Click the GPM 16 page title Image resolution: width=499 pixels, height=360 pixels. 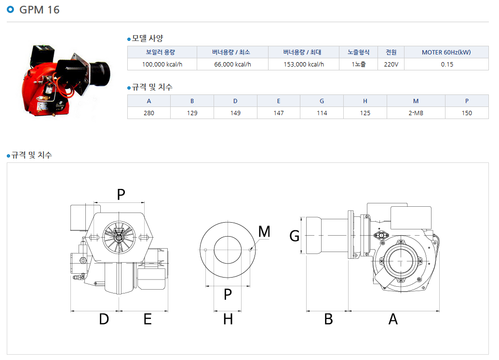[39, 10]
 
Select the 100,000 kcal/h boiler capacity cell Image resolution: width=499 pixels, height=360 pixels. [162, 64]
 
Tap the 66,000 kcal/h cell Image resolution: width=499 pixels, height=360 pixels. [232, 64]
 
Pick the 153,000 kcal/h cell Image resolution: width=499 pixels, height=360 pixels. [304, 64]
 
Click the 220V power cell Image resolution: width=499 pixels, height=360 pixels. [391, 64]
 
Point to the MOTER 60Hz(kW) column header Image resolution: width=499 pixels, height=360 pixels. [446, 52]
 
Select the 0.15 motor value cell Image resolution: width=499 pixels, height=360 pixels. [447, 64]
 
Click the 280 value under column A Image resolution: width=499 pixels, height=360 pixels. [148, 113]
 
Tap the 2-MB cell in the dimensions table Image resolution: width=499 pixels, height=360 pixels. [416, 113]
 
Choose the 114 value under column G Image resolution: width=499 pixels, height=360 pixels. [322, 113]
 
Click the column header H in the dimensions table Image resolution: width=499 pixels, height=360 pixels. [365, 101]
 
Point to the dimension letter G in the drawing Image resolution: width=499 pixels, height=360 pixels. [295, 236]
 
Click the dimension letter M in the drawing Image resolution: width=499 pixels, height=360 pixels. [264, 231]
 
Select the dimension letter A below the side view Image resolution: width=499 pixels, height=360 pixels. [393, 319]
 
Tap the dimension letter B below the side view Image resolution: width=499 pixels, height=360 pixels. [328, 319]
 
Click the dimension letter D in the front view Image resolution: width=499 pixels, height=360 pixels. [104, 319]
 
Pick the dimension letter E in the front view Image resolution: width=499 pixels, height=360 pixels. [148, 319]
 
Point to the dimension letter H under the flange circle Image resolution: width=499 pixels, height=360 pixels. [228, 319]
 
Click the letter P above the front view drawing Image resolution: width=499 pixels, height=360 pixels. [121, 194]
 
